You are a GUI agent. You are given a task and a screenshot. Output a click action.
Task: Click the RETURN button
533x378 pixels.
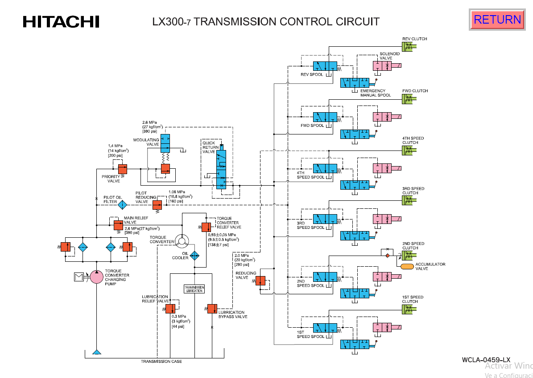click(497, 20)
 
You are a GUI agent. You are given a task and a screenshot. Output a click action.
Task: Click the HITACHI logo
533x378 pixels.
click(61, 21)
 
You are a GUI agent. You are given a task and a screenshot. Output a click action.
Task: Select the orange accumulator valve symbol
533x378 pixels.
click(407, 266)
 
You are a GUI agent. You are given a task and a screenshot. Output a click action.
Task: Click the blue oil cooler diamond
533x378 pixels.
click(194, 256)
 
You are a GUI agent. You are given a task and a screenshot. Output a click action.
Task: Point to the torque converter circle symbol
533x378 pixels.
click(182, 241)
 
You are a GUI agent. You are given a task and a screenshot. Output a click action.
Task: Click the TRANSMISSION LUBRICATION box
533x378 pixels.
click(194, 289)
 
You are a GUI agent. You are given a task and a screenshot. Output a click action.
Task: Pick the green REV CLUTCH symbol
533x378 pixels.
click(408, 47)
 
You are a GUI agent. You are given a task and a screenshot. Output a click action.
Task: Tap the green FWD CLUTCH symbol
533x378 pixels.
click(408, 99)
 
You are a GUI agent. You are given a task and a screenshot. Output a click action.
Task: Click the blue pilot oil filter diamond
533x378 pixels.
click(122, 205)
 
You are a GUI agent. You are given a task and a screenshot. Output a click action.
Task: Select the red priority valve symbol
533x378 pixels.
click(122, 169)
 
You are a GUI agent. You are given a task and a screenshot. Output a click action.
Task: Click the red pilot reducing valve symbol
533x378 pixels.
click(157, 205)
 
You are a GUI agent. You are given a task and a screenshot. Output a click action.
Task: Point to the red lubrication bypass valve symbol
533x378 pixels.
click(211, 309)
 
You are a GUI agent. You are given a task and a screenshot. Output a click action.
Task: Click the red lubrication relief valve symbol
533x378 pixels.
click(170, 309)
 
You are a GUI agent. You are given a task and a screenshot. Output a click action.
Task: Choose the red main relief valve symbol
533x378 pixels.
click(118, 224)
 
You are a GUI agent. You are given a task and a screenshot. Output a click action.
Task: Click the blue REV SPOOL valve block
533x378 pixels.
click(325, 66)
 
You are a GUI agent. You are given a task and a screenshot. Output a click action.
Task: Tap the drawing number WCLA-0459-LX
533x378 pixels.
click(486, 359)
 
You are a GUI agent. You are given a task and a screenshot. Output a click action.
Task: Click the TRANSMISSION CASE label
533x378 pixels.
click(161, 361)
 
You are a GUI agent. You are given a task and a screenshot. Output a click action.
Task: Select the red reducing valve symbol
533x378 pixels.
click(260, 280)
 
